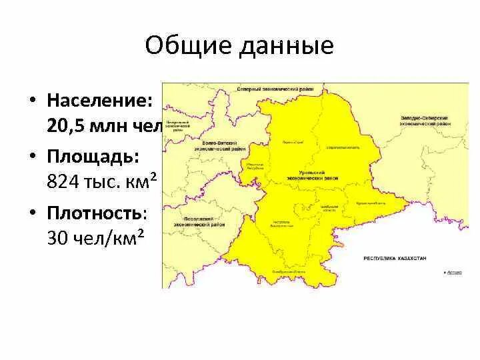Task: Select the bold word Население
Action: (99, 101)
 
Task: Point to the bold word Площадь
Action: (93, 156)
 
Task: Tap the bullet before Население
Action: (31, 101)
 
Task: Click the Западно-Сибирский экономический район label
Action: (424, 121)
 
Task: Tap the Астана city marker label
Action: (454, 272)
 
